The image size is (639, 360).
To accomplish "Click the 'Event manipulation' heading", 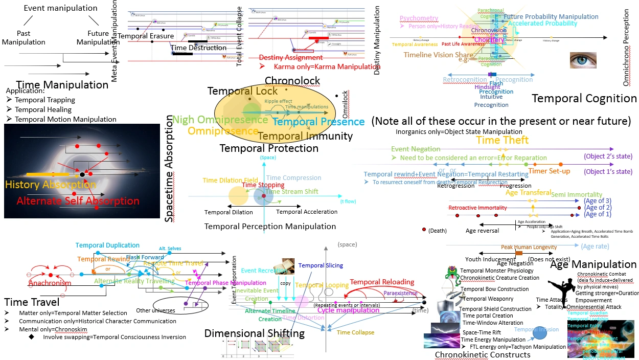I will click(x=60, y=8).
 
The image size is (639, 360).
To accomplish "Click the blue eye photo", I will click(x=583, y=60).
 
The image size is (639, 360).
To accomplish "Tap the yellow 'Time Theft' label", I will click(x=502, y=140).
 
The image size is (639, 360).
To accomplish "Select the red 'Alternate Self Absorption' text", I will click(x=78, y=201).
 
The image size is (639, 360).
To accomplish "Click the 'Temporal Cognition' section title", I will click(x=584, y=98).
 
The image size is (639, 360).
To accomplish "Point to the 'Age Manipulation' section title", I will click(x=593, y=264).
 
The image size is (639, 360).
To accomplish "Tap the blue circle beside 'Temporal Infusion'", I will click(x=539, y=333).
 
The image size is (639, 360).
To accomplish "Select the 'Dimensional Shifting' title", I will click(x=254, y=333).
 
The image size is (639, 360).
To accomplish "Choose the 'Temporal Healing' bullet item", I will click(x=43, y=109).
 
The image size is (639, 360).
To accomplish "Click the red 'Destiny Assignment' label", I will click(x=290, y=57).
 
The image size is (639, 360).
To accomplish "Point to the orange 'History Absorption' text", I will click(x=51, y=185).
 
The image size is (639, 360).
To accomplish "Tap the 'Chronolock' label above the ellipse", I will click(x=292, y=81).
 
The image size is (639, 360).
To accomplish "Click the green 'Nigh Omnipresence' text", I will click(x=220, y=120).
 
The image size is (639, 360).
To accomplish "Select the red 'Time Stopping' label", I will click(x=263, y=185).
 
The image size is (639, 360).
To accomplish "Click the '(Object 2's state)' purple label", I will click(x=608, y=156).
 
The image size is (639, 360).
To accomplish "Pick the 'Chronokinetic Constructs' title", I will click(x=482, y=354).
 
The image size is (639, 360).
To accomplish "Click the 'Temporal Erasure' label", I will click(x=146, y=36).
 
